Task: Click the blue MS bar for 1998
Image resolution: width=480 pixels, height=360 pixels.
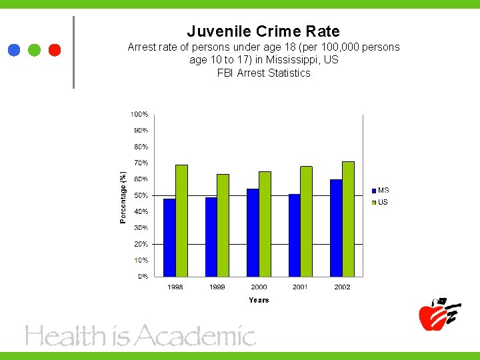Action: coord(169,237)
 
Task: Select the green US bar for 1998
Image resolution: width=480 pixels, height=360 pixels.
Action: coord(181,221)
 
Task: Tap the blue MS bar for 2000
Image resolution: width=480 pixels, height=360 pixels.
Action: coord(253,233)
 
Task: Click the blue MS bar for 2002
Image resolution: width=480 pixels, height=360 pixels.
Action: coord(336,228)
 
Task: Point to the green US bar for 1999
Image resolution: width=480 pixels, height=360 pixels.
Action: coord(223,225)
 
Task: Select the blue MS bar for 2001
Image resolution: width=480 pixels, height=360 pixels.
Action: coord(294,235)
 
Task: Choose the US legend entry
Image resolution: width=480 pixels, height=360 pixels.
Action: coord(380,202)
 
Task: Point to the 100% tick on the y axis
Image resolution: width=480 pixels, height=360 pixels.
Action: coord(139,115)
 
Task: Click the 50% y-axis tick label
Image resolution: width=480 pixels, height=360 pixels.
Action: coord(140,195)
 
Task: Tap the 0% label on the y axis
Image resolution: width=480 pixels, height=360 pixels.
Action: coord(142,276)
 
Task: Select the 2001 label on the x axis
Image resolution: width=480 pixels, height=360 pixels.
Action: coord(301,287)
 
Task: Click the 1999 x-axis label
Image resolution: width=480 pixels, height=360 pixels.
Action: coord(217,287)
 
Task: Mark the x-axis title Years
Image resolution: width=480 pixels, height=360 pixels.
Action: coord(259,300)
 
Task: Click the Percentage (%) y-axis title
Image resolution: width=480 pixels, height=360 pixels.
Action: coord(123,197)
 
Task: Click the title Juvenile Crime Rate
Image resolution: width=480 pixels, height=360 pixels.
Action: coord(263,31)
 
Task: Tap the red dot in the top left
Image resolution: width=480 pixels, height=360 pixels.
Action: coord(55,50)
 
